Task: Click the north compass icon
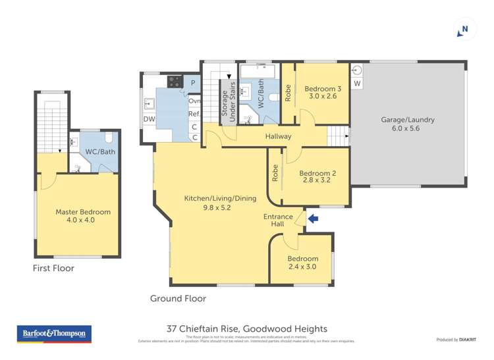pyautogui.click(x=464, y=30)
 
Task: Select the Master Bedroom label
pyautogui.click(x=83, y=216)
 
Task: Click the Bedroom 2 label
pyautogui.click(x=317, y=178)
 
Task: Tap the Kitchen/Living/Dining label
pyautogui.click(x=210, y=201)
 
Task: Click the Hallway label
pyautogui.click(x=278, y=136)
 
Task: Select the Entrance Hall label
pyautogui.click(x=274, y=220)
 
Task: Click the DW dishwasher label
pyautogui.click(x=149, y=119)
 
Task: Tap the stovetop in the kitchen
pyautogui.click(x=175, y=82)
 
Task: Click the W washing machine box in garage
pyautogui.click(x=357, y=84)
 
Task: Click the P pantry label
pyautogui.click(x=192, y=83)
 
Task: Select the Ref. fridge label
pyautogui.click(x=194, y=113)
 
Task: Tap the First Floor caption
pyautogui.click(x=53, y=268)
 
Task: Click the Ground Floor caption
pyautogui.click(x=178, y=298)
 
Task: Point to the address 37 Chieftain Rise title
pyautogui.click(x=246, y=328)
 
